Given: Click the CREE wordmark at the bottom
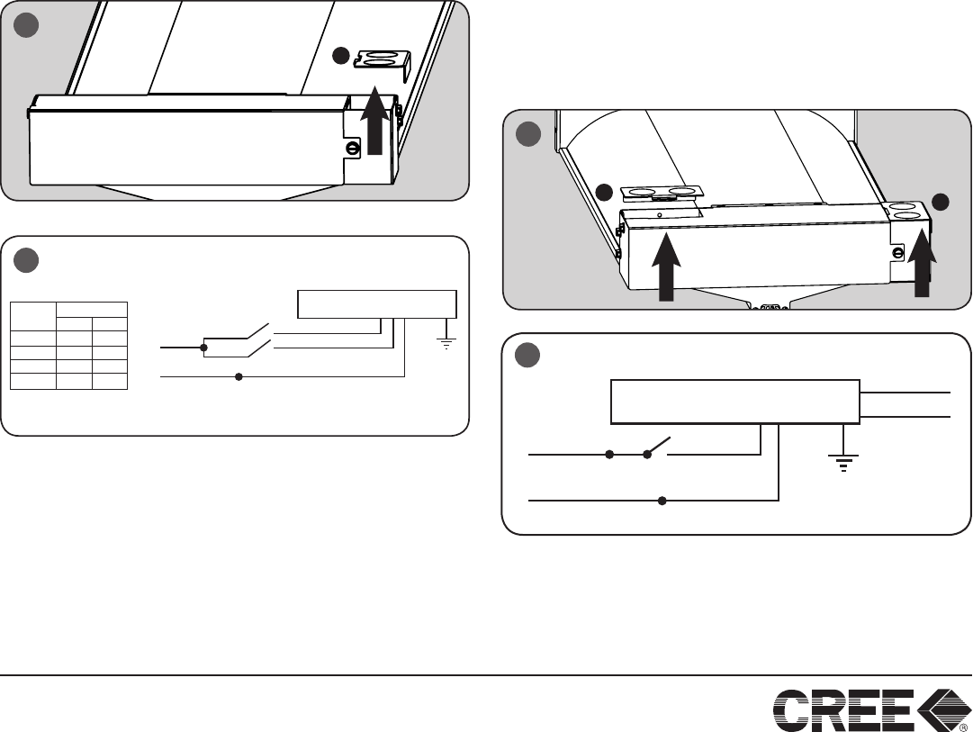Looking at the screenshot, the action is pyautogui.click(x=843, y=709).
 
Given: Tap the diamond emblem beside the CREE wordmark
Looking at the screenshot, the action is pyautogui.click(x=942, y=709).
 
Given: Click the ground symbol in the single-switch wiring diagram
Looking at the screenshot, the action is pyautogui.click(x=842, y=460).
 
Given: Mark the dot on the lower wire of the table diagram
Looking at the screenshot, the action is pyautogui.click(x=239, y=375).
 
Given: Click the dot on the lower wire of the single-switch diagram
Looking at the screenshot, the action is pyautogui.click(x=662, y=501).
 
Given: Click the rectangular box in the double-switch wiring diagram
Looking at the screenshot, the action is pyautogui.click(x=376, y=304).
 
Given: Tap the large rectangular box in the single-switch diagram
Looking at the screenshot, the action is pyautogui.click(x=734, y=402).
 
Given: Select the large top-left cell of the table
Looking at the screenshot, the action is pyautogui.click(x=32, y=316).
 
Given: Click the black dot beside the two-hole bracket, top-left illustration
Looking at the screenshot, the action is pyautogui.click(x=340, y=56).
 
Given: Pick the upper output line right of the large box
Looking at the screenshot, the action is pyautogui.click(x=905, y=393).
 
